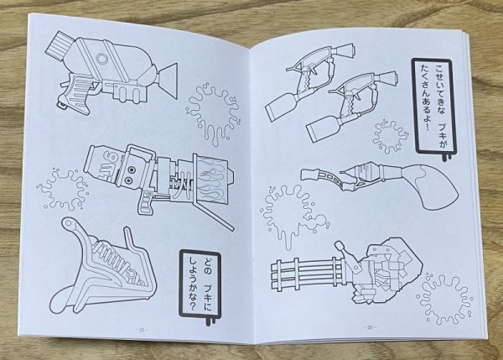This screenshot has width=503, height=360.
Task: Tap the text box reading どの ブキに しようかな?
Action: pos(199,280)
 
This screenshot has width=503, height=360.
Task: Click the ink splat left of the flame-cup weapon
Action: pos(62,190)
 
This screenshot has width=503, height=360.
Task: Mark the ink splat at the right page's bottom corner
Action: pos(440,295)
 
